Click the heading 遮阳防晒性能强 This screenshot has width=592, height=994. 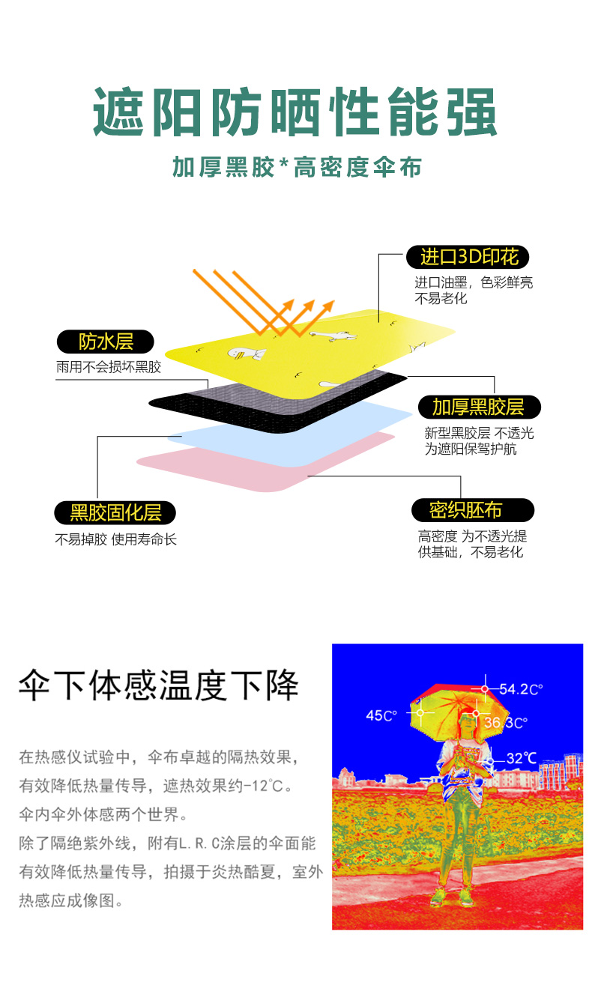tap(295, 112)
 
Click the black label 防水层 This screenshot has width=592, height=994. tap(106, 342)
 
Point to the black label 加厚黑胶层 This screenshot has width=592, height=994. tap(477, 407)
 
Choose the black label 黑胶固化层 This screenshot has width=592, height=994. tap(115, 512)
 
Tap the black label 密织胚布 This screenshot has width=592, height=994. tap(472, 510)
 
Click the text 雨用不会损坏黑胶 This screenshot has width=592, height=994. tap(108, 367)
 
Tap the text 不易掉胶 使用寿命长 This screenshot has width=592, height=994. tap(115, 539)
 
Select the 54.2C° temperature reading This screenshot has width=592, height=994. tap(520, 689)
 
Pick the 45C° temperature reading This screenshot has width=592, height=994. tap(380, 715)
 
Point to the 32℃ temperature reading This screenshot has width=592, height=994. tap(521, 758)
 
